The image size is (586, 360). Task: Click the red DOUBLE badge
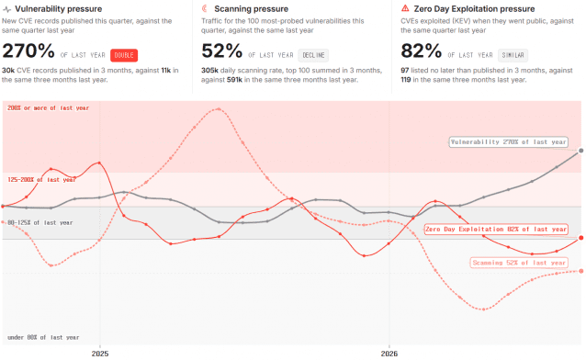[x=124, y=55]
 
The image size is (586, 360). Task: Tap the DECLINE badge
[x=313, y=55]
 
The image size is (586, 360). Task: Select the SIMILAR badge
[x=513, y=55]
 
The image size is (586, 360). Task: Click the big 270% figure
[x=28, y=51]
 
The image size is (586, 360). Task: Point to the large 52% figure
[x=222, y=51]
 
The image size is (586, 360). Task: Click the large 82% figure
[x=422, y=51]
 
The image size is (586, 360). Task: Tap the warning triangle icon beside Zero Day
[x=405, y=8]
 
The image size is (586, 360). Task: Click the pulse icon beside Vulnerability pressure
[x=6, y=9]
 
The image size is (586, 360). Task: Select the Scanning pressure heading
[x=251, y=8]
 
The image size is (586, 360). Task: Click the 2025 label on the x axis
[x=100, y=354]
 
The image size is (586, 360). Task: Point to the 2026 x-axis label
[x=389, y=354]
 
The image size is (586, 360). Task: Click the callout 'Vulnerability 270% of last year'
[x=508, y=142]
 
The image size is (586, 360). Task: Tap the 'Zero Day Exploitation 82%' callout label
[x=496, y=230]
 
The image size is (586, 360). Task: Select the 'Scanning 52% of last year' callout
[x=519, y=263]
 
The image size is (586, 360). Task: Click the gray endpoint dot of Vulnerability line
[x=580, y=151]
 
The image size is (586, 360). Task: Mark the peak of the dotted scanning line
[x=219, y=108]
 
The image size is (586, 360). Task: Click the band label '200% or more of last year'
[x=48, y=108]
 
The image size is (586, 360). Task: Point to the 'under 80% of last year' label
[x=43, y=337]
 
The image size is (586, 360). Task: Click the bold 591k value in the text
[x=234, y=80]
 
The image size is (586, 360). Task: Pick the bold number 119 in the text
[x=406, y=80]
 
